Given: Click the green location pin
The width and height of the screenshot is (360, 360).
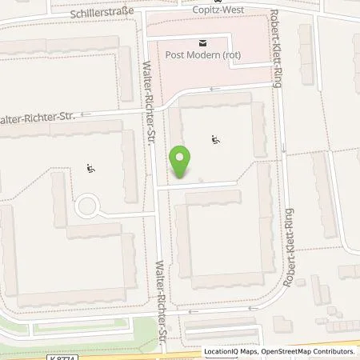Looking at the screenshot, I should pos(181,162).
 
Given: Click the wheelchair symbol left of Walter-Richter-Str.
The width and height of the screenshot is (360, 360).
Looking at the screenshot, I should pos(90,168).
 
